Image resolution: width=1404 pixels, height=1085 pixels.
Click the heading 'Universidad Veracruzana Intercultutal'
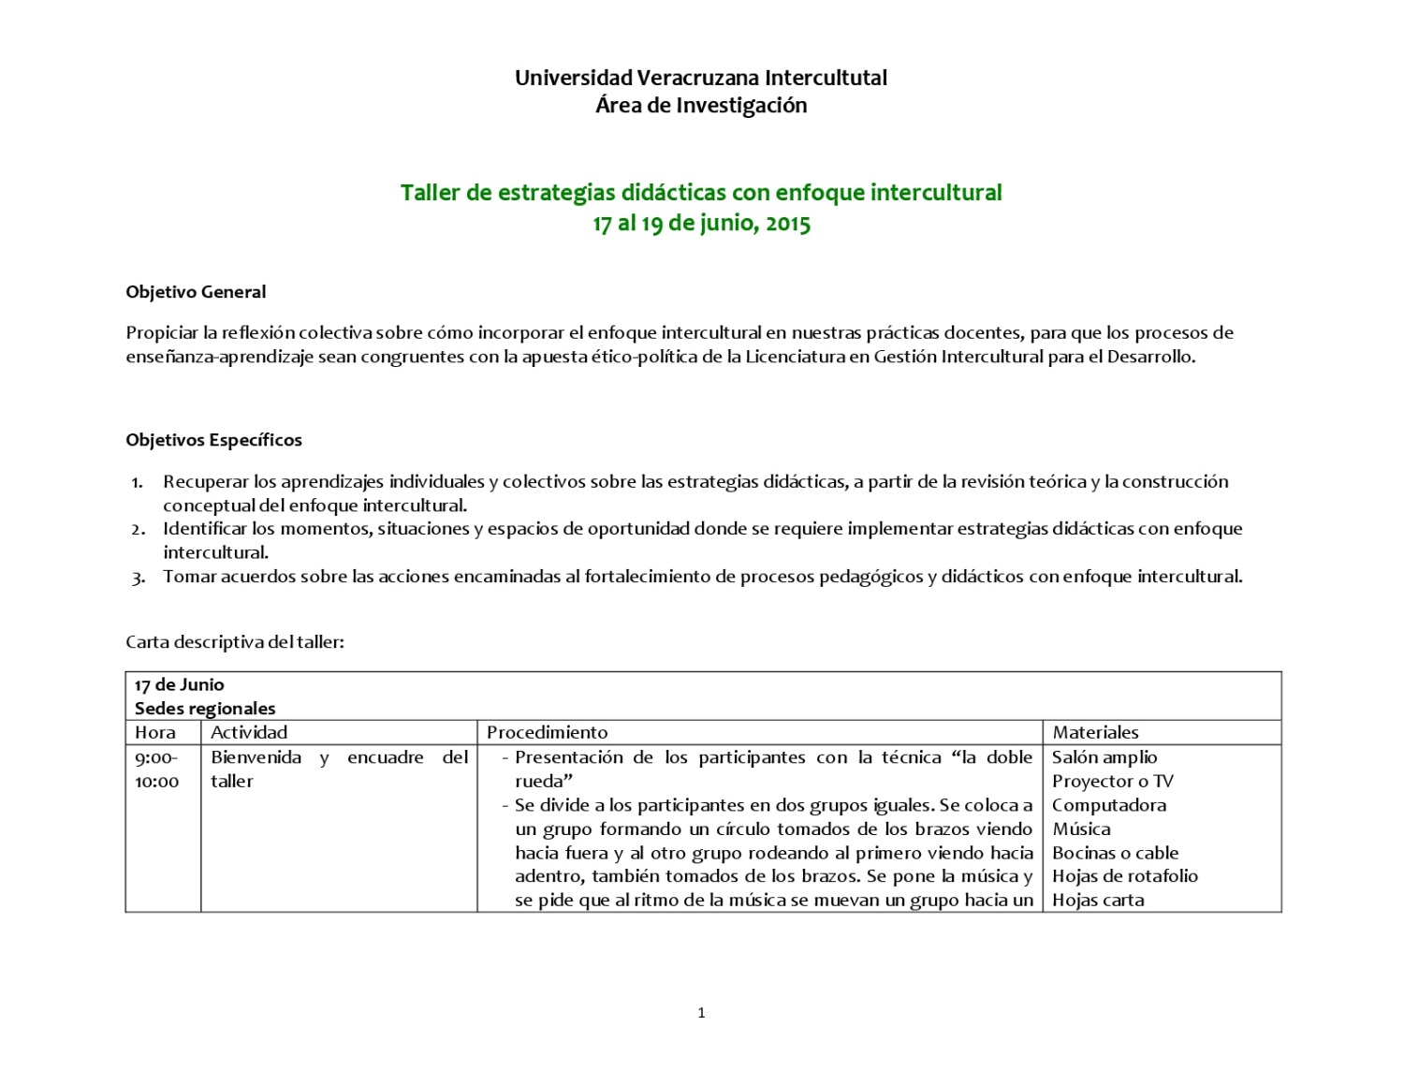(701, 78)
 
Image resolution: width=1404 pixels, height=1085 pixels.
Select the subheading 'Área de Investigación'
(701, 106)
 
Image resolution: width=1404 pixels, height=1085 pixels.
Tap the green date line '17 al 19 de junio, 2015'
(701, 224)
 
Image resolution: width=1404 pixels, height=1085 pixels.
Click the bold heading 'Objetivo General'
(196, 292)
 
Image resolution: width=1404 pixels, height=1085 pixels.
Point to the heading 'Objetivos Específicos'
(213, 440)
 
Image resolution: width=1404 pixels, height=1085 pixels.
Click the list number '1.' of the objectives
(138, 483)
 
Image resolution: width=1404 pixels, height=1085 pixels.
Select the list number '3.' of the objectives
(138, 578)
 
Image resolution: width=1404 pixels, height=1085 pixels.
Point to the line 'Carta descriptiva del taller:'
(235, 642)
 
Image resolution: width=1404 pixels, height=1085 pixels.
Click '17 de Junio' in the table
(179, 684)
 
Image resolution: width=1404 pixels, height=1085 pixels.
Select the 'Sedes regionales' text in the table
(205, 709)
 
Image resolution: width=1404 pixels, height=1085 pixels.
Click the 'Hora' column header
(154, 732)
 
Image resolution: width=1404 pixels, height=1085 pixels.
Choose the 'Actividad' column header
(249, 732)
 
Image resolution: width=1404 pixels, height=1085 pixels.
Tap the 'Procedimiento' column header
(547, 732)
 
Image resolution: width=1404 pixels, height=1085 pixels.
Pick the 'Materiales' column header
(1095, 732)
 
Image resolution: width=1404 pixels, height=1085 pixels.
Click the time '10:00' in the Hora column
(156, 782)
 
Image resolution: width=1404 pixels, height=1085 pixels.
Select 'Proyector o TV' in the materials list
(1112, 781)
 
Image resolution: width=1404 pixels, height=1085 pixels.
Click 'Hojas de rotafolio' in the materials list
(1124, 876)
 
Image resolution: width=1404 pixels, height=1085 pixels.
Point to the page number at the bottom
(701, 1012)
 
